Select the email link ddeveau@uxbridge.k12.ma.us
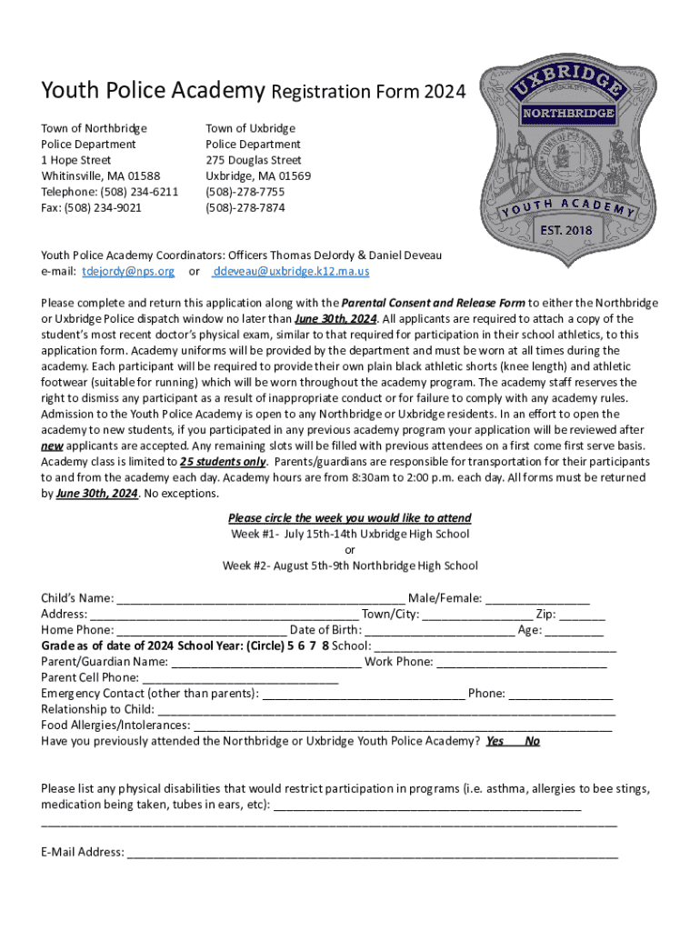pos(290,272)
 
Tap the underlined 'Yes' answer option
pos(495,741)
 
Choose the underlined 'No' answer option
pos(533,741)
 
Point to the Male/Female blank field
pos(537,598)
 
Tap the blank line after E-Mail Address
pos(373,853)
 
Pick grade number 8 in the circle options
pos(324,646)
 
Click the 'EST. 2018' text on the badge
pos(567,229)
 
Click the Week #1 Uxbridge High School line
pos(350,535)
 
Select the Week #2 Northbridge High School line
pos(350,566)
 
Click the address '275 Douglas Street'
pos(254,160)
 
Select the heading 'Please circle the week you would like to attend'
pos(350,518)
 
